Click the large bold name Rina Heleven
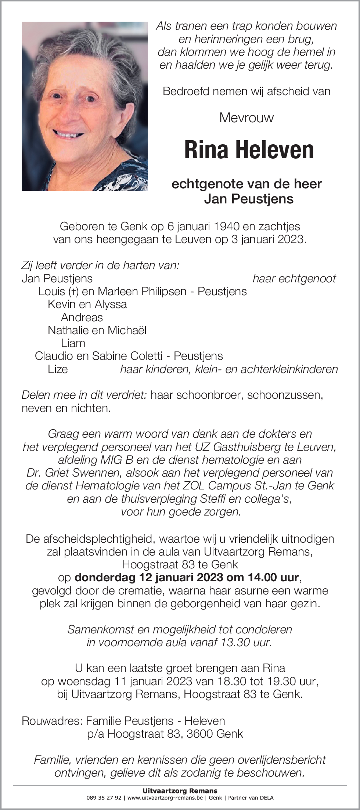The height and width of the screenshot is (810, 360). (249, 150)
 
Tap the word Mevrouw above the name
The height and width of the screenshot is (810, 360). (246, 118)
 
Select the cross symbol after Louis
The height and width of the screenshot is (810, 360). (73, 292)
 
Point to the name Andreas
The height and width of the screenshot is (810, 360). (82, 317)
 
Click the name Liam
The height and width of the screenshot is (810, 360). (73, 343)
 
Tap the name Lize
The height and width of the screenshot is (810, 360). (58, 369)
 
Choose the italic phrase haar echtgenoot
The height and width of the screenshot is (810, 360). (294, 279)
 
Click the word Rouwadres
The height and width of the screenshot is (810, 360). (52, 721)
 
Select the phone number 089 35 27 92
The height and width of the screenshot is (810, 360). (104, 798)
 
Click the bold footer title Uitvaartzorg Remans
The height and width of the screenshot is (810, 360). (180, 791)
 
